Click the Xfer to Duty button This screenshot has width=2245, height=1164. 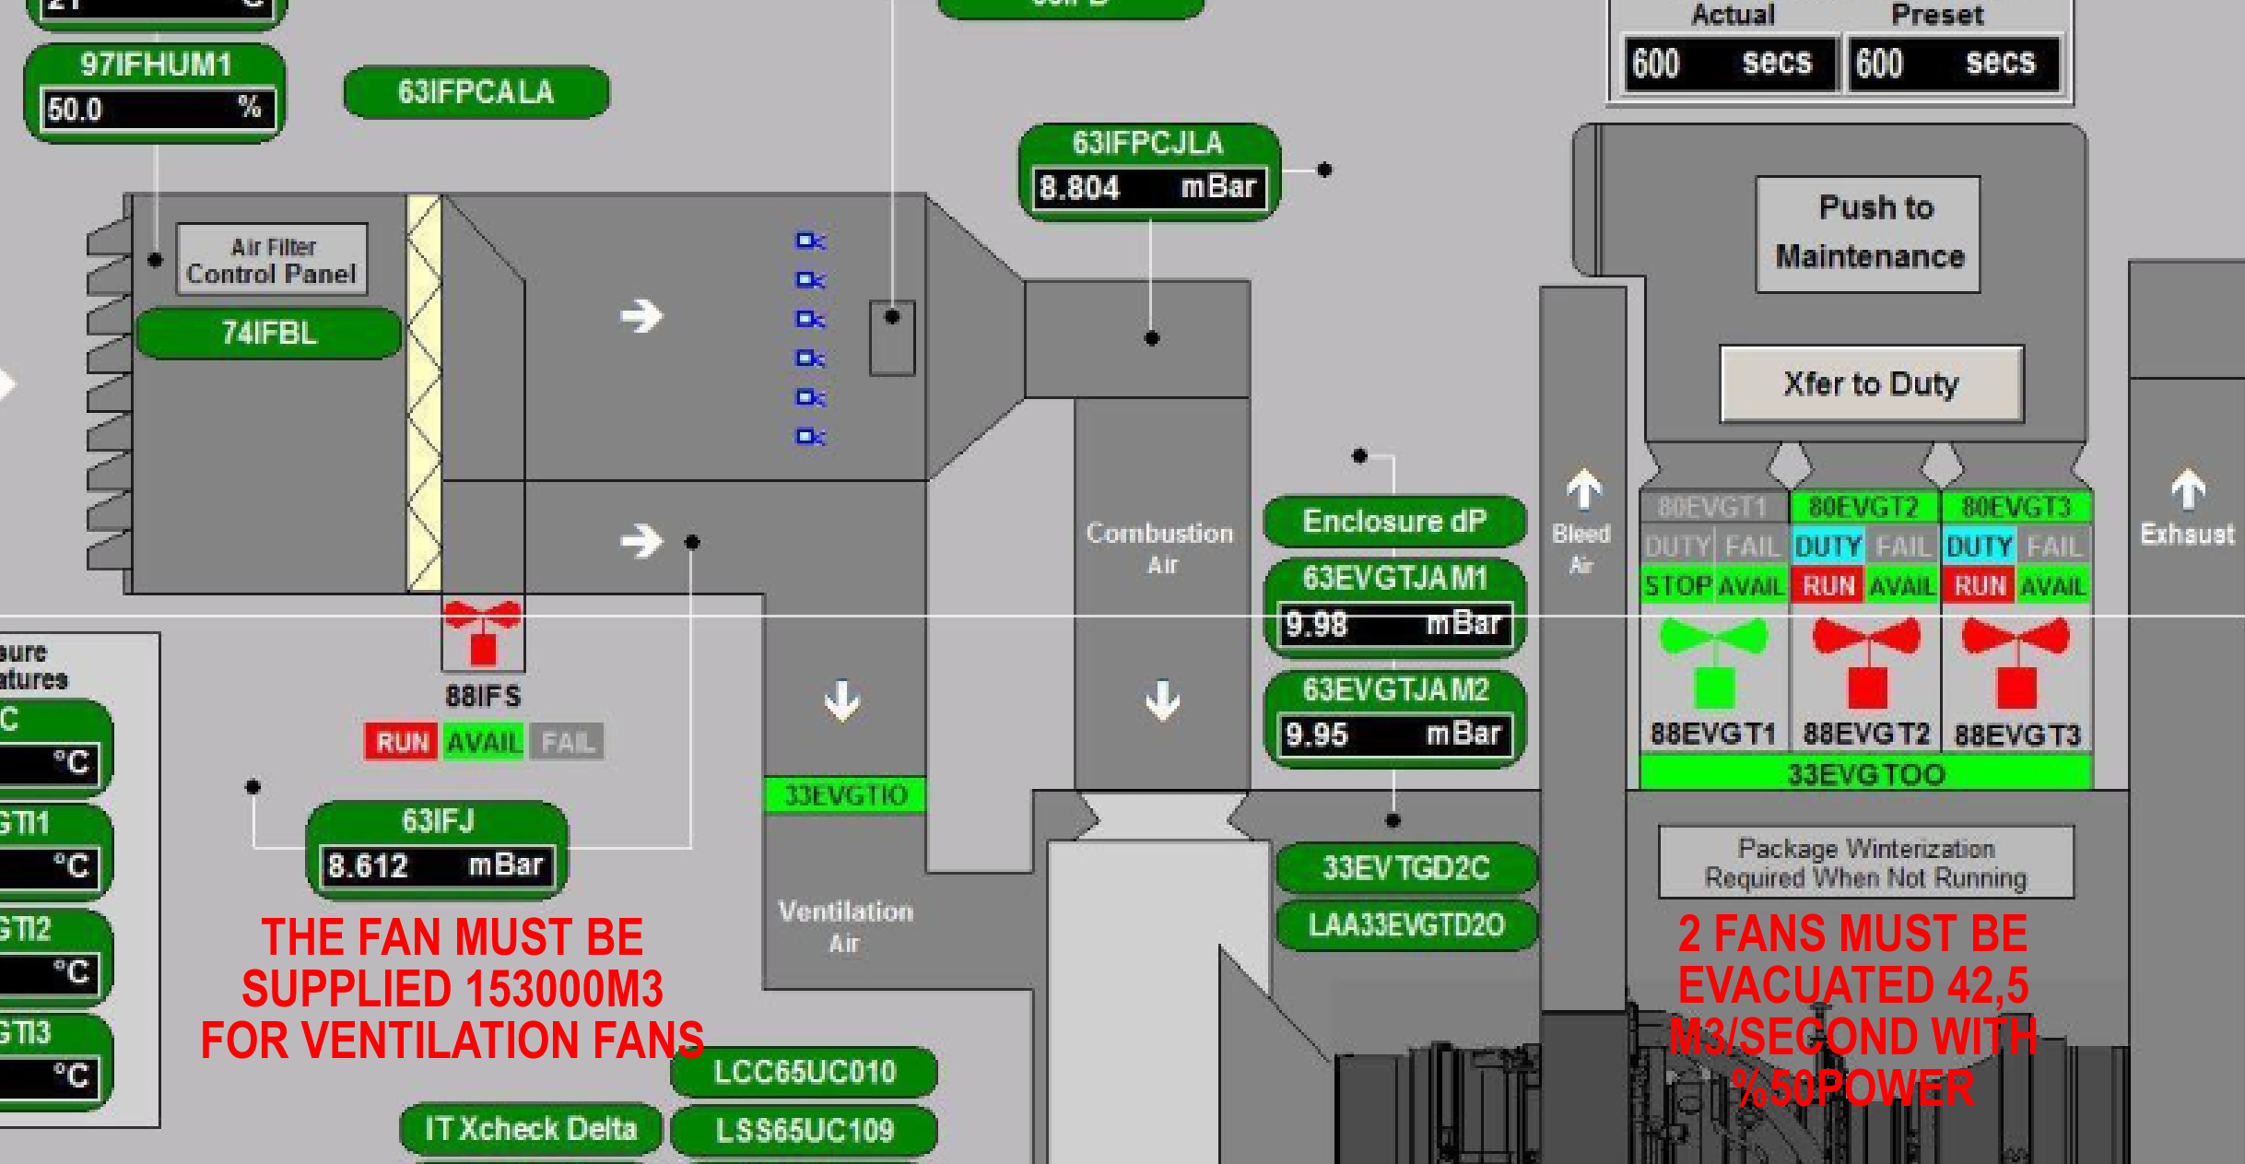(x=1871, y=384)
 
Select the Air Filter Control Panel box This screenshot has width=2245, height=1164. (x=272, y=260)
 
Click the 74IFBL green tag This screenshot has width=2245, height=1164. (x=269, y=333)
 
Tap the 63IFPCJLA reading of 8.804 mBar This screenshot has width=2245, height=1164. (x=1148, y=188)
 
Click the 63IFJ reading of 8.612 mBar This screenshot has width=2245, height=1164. (x=437, y=866)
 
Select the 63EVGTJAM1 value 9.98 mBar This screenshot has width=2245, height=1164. (x=1393, y=625)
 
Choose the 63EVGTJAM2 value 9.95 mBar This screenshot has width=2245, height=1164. (x=1393, y=735)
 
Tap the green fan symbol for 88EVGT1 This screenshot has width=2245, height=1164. (x=1713, y=660)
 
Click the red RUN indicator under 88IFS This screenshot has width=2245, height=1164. (x=402, y=742)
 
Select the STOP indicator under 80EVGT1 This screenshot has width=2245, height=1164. (x=1677, y=586)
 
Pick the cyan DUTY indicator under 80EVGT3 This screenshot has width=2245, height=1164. (x=1979, y=547)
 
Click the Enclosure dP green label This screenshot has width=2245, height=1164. (x=1393, y=522)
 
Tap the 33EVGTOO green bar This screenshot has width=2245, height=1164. (x=1865, y=774)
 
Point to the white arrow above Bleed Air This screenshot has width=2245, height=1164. (x=1583, y=489)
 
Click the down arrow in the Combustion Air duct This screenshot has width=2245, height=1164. (x=1162, y=700)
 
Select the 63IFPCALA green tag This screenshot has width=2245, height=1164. (x=476, y=92)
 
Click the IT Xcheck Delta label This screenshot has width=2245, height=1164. (x=531, y=1129)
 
